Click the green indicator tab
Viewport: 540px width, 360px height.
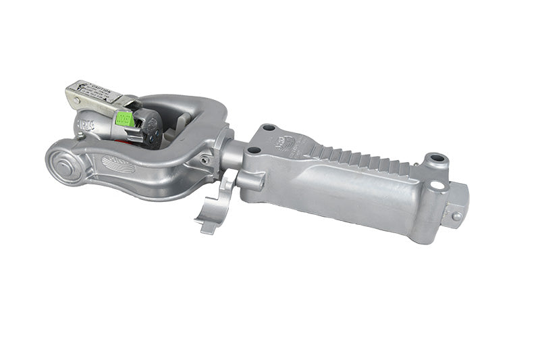pos(124,118)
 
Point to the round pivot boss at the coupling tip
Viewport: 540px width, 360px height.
pos(66,164)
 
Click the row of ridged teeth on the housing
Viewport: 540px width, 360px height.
pos(365,158)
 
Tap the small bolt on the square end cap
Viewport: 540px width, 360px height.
pos(457,216)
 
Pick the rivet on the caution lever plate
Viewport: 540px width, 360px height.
pos(77,101)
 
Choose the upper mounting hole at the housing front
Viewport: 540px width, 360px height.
pos(269,128)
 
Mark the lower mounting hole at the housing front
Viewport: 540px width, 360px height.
pos(253,150)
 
